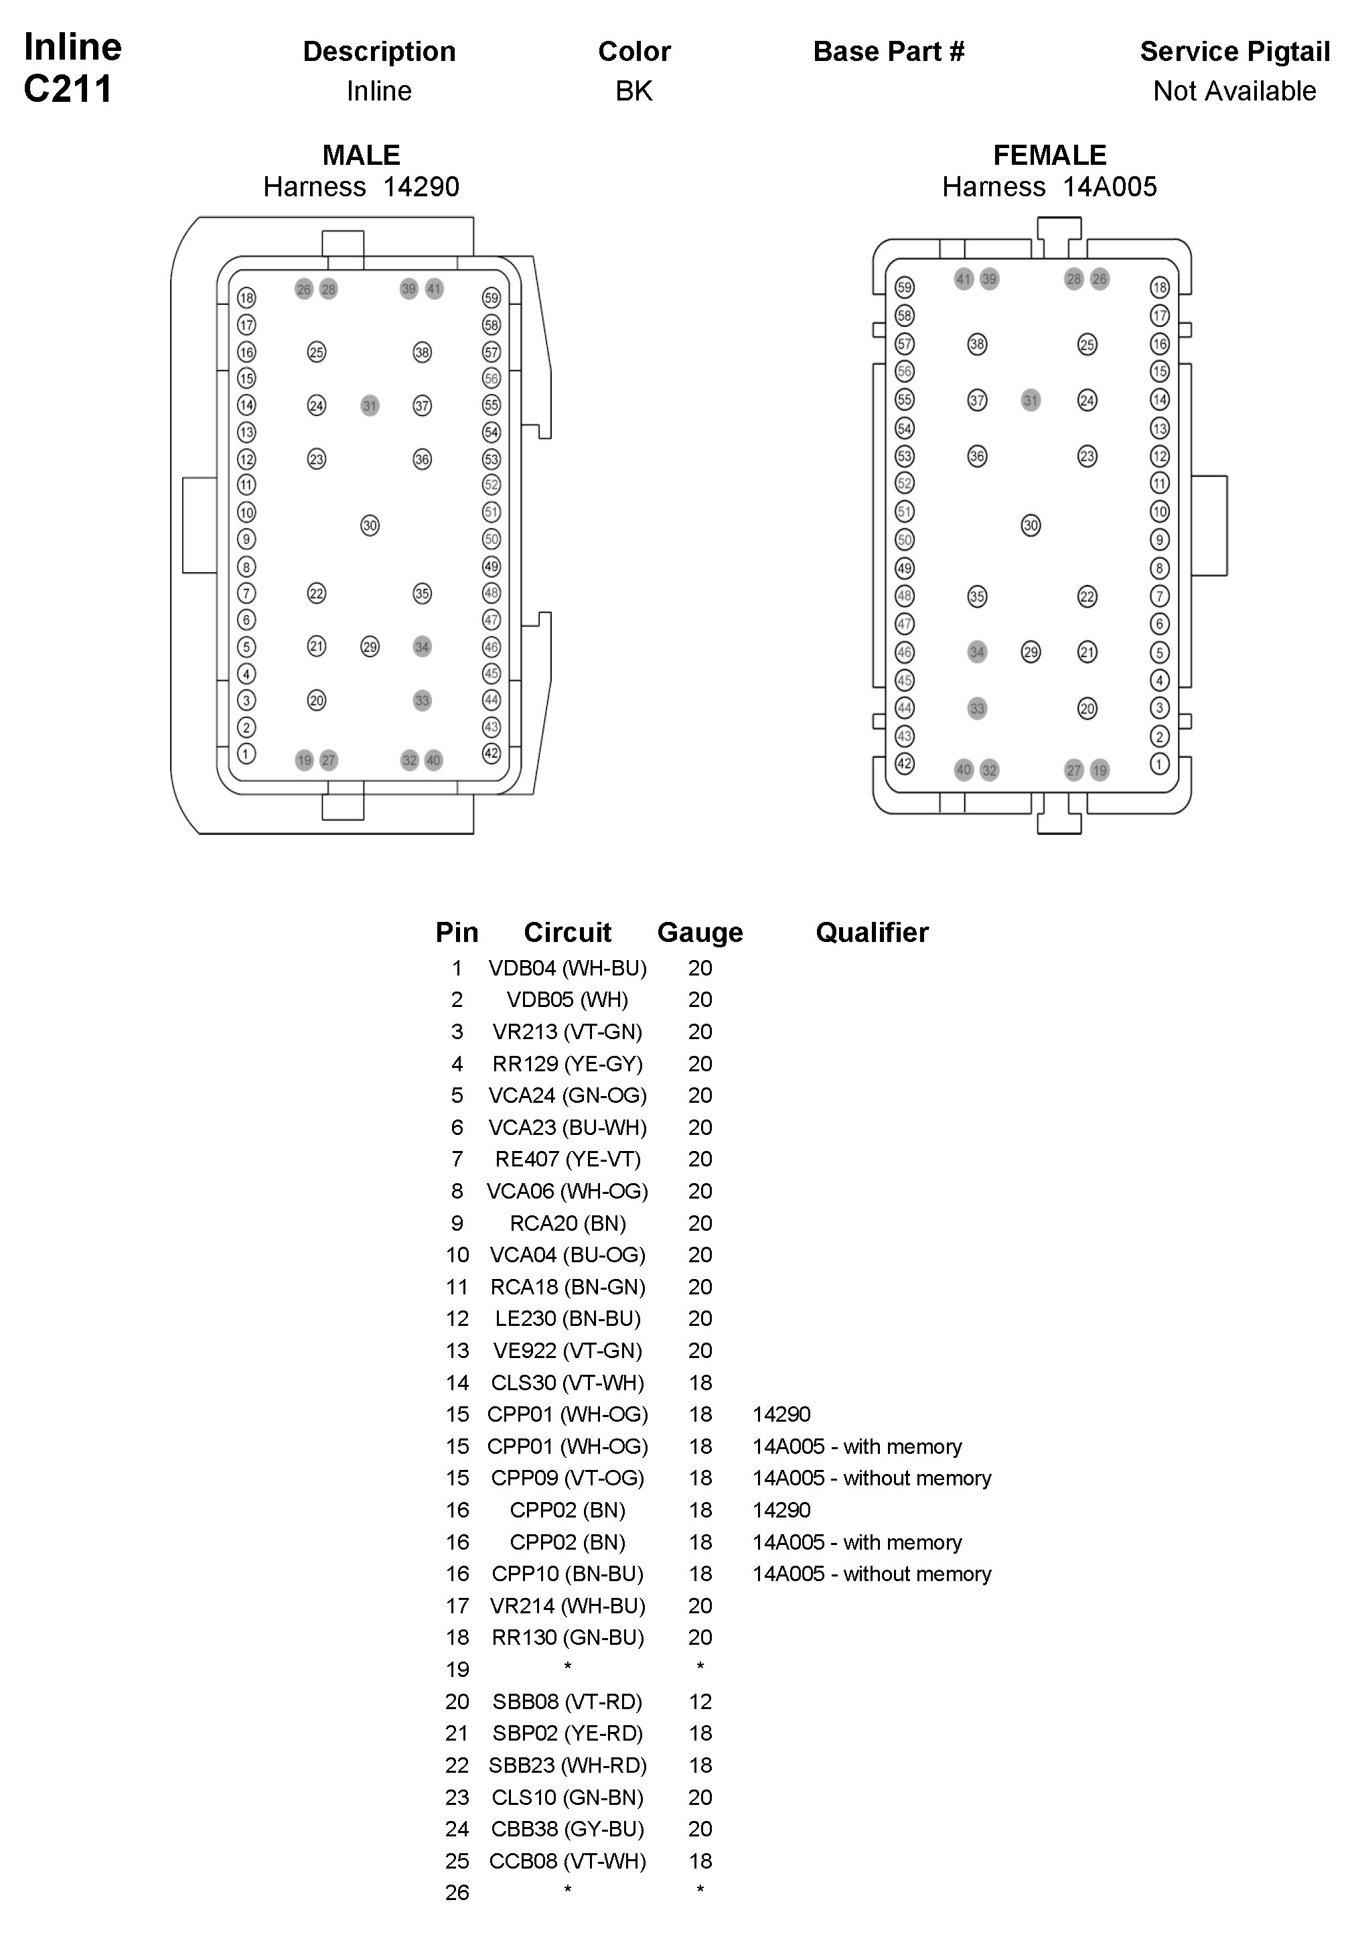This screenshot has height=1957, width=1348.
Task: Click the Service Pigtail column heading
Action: pos(1234,52)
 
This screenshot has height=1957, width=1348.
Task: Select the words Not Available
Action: pos(1234,91)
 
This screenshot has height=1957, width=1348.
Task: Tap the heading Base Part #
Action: pos(889,52)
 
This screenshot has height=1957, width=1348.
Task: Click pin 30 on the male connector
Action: pos(370,525)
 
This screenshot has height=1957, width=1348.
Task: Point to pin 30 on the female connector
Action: pos(1031,525)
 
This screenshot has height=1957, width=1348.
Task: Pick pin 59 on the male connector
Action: pos(492,297)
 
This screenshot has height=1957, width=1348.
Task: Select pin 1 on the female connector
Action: pos(1160,764)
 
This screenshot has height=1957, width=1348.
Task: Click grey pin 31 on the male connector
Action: pos(370,405)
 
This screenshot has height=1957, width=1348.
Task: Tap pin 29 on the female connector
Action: pos(1031,653)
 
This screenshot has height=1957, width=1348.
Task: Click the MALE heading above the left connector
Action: pos(362,155)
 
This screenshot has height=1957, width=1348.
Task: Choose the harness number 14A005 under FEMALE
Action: pos(1109,187)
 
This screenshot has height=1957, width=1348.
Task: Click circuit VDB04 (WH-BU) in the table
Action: pos(568,968)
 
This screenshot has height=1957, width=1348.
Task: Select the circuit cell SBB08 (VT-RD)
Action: pos(568,1702)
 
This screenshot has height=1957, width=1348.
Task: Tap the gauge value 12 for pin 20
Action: pos(700,1702)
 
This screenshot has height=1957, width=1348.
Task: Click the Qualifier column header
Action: pos(872,932)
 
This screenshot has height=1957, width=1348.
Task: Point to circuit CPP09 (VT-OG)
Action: pos(568,1478)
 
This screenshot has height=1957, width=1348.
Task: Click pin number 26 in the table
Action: pos(457,1893)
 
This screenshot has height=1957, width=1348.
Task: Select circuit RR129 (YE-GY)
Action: pos(568,1064)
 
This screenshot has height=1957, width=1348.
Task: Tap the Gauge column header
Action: pos(700,932)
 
